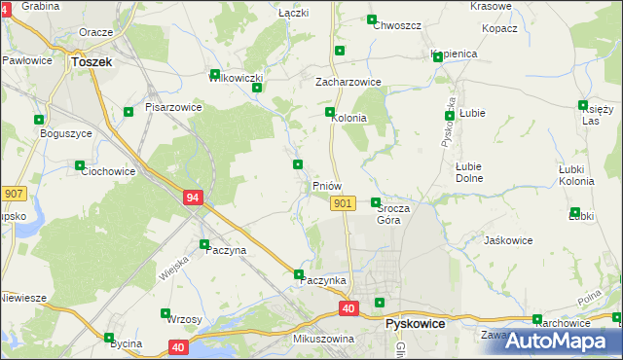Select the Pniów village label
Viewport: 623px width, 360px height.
(x=326, y=185)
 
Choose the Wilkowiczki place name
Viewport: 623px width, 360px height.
(x=236, y=77)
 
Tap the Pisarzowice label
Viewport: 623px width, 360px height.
(x=173, y=107)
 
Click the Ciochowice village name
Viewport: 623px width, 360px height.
(x=107, y=170)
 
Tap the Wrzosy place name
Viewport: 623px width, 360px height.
(x=184, y=319)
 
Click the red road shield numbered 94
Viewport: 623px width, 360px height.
(x=193, y=198)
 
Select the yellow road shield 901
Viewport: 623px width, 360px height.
(x=342, y=202)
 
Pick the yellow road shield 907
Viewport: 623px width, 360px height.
(x=12, y=195)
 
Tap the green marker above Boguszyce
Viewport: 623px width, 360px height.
(x=40, y=120)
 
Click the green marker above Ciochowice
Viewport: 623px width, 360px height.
(x=80, y=165)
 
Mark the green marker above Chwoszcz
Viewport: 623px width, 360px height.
(x=371, y=19)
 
